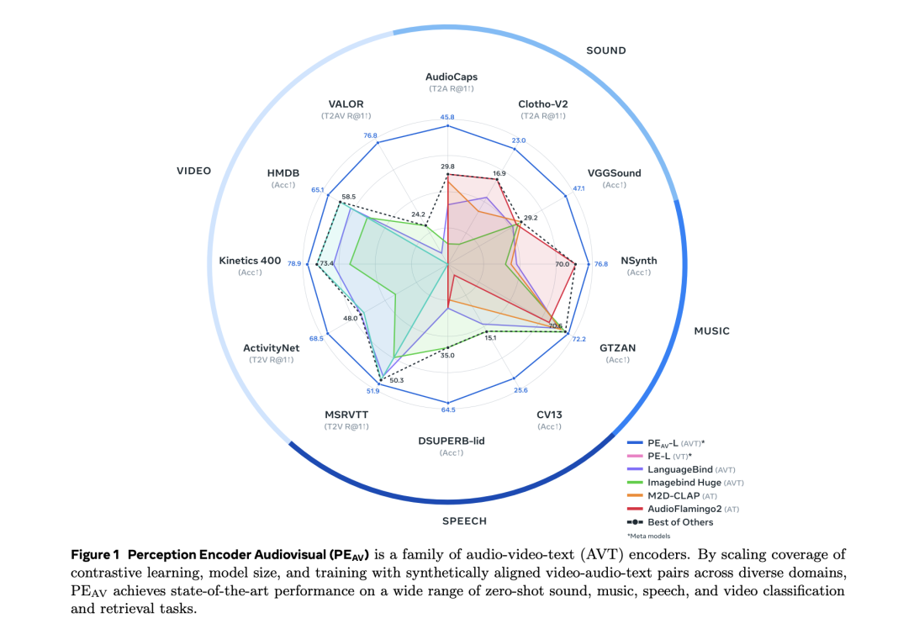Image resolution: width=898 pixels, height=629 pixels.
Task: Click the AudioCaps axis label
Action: pyautogui.click(x=451, y=77)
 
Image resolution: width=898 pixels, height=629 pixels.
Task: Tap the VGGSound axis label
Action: pyautogui.click(x=614, y=173)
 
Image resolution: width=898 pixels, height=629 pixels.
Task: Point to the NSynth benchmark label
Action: pyautogui.click(x=638, y=261)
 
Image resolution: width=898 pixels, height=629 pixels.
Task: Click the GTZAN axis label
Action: pyautogui.click(x=617, y=347)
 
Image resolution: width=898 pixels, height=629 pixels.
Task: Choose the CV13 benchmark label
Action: pyautogui.click(x=549, y=414)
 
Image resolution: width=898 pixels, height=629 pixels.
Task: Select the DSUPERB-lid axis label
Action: pyautogui.click(x=451, y=441)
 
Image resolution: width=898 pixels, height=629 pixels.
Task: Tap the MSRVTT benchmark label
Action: pyautogui.click(x=346, y=415)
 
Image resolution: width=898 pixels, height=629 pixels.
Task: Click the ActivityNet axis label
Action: pyautogui.click(x=271, y=348)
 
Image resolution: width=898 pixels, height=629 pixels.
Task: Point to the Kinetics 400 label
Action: pyautogui.click(x=250, y=261)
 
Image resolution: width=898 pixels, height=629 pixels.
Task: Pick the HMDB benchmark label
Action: pyautogui.click(x=282, y=172)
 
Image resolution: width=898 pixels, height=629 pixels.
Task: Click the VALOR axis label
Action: pyautogui.click(x=346, y=104)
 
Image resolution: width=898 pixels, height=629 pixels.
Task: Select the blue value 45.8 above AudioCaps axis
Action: pyautogui.click(x=446, y=117)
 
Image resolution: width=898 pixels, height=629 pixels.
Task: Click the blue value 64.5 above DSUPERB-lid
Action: pyautogui.click(x=447, y=410)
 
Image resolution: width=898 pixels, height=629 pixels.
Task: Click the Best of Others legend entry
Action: pyautogui.click(x=680, y=522)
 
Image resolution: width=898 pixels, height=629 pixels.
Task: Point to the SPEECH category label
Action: pyautogui.click(x=464, y=521)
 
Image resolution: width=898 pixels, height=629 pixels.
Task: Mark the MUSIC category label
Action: pyautogui.click(x=711, y=331)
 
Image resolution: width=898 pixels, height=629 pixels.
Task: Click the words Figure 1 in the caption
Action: pyautogui.click(x=99, y=554)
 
